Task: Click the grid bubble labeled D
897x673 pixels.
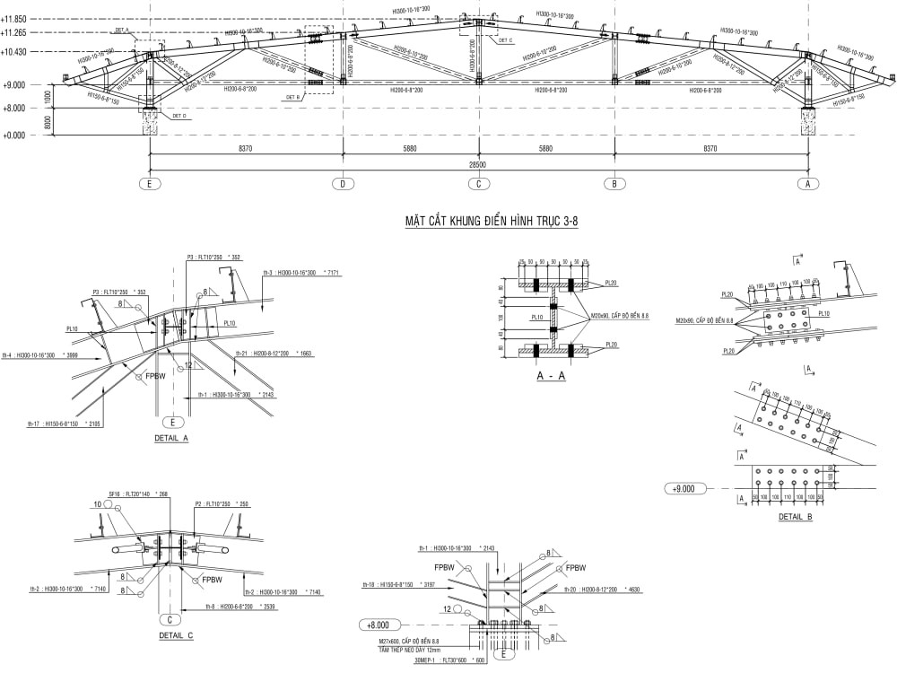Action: [x=342, y=185]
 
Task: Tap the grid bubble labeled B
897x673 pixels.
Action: [x=614, y=185]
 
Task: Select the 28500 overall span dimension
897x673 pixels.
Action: [x=477, y=165]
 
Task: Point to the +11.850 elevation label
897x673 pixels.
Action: [x=15, y=19]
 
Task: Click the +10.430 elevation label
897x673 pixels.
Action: [x=15, y=52]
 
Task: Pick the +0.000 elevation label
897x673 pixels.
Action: [x=15, y=135]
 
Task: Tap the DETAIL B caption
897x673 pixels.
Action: [x=795, y=518]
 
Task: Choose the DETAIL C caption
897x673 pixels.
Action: [x=176, y=635]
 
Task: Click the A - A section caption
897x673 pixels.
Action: [x=551, y=378]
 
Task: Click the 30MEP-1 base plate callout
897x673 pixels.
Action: [x=438, y=660]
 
